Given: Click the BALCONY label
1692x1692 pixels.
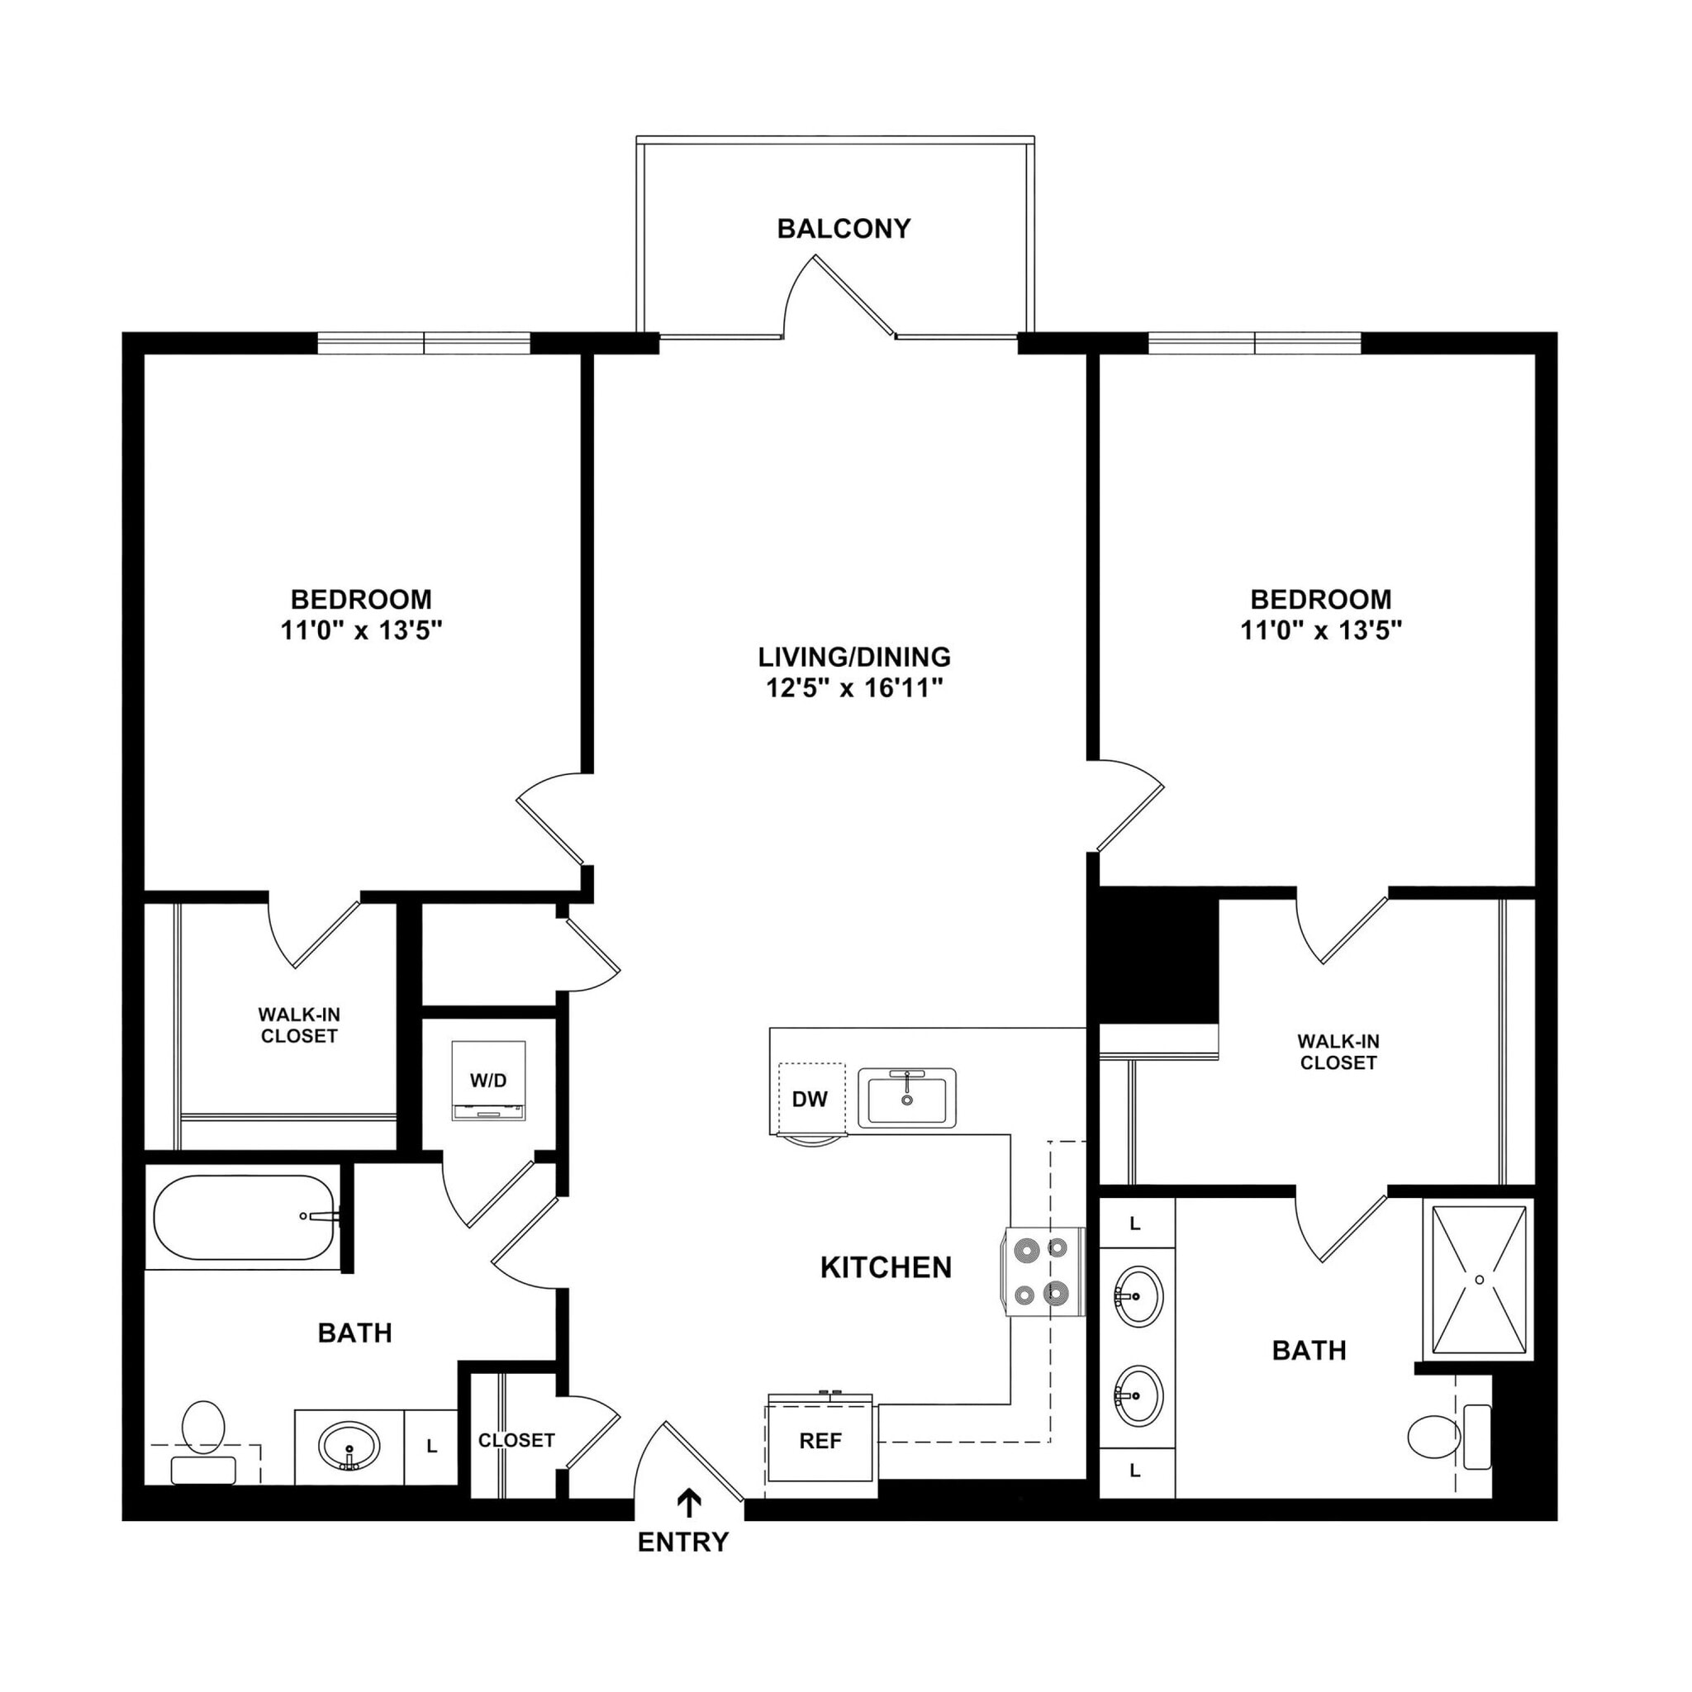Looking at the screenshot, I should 844,229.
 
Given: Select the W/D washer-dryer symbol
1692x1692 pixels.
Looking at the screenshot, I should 487,1080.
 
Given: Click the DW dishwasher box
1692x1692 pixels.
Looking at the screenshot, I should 810,1099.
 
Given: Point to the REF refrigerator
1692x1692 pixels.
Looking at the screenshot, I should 820,1441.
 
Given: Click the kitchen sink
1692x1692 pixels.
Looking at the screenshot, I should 906,1097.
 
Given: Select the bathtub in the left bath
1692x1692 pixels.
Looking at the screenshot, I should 245,1217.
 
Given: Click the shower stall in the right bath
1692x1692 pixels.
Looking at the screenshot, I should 1479,1280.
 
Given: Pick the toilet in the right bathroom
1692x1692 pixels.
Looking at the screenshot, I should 1436,1436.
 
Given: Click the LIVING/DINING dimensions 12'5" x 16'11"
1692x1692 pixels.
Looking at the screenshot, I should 854,688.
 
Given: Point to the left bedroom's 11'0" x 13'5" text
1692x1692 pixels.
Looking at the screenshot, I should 362,630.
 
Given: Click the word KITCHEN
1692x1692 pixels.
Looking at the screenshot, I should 886,1267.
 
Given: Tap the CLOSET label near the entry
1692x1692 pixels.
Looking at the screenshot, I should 516,1440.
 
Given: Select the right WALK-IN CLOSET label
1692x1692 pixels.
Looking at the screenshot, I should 1338,1052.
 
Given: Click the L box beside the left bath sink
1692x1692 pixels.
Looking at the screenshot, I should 432,1447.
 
